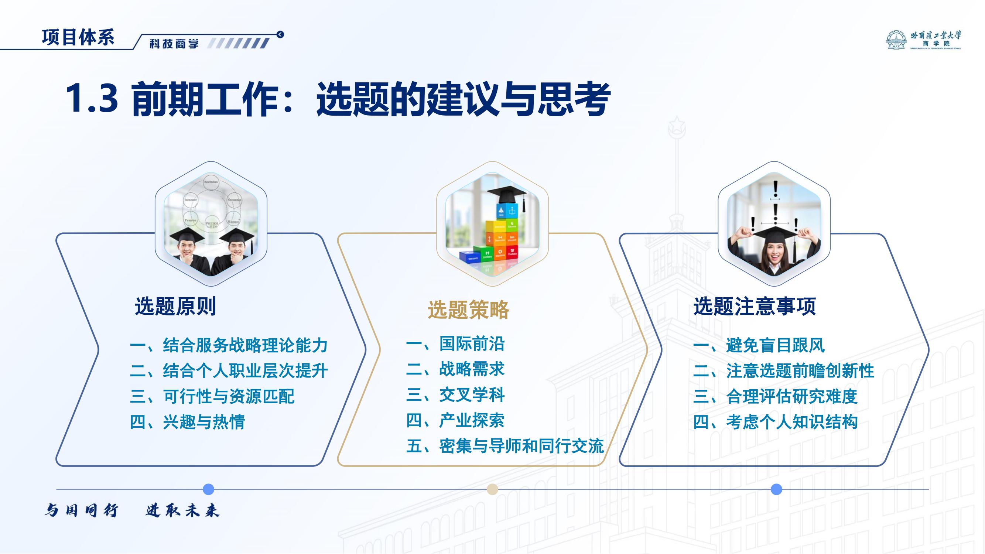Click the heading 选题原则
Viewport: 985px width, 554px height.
(175, 307)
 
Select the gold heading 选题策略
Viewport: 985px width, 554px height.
(468, 310)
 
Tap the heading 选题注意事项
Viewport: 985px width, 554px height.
(755, 307)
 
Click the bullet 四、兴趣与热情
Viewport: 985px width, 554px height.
(187, 422)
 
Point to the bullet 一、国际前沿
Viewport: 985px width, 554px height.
(455, 344)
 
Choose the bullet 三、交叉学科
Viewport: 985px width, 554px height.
(455, 395)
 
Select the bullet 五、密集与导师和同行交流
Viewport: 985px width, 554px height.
(505, 446)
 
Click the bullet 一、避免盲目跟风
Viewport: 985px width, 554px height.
(759, 346)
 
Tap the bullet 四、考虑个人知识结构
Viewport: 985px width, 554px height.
(776, 422)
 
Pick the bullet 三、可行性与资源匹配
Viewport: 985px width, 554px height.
(212, 396)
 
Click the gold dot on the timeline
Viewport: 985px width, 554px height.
(492, 489)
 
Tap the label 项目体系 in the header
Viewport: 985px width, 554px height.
(78, 37)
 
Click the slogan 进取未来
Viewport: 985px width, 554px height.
(182, 510)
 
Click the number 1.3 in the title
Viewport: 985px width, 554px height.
(92, 99)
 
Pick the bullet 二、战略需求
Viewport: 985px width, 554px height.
(455, 369)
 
